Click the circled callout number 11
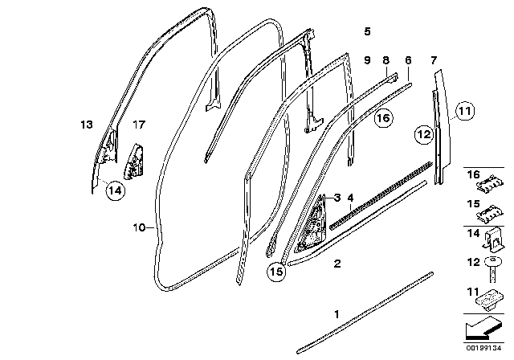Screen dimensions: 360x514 (467, 111)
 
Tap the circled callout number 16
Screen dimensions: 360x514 (384, 118)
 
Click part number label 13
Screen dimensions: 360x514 (87, 125)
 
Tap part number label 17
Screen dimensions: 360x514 (139, 125)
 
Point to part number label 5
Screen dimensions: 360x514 (367, 31)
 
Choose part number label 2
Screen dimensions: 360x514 (337, 263)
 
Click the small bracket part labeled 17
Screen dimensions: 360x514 (133, 161)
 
